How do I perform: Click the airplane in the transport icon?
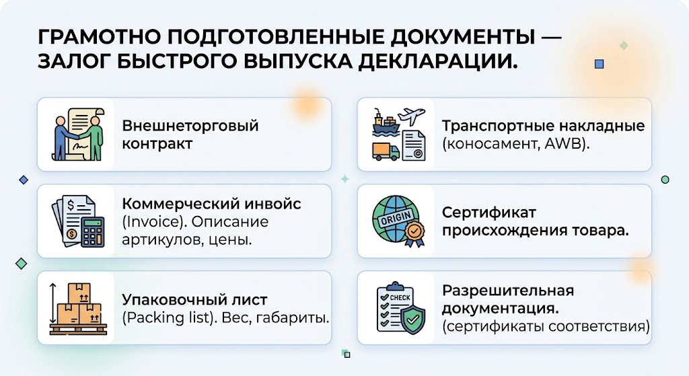pyautogui.click(x=411, y=116)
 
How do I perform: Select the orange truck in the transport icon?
pyautogui.click(x=386, y=151)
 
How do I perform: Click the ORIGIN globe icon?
pyautogui.click(x=398, y=221)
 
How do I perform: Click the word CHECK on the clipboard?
pyautogui.click(x=400, y=298)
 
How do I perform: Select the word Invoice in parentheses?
pyautogui.click(x=152, y=221)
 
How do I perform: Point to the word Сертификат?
pyautogui.click(x=489, y=213)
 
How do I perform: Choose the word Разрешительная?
pyautogui.click(x=508, y=291)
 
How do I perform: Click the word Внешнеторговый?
pyautogui.click(x=190, y=126)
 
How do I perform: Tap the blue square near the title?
pyautogui.click(x=599, y=64)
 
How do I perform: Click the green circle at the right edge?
pyautogui.click(x=665, y=180)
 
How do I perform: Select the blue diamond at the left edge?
pyautogui.click(x=24, y=180)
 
